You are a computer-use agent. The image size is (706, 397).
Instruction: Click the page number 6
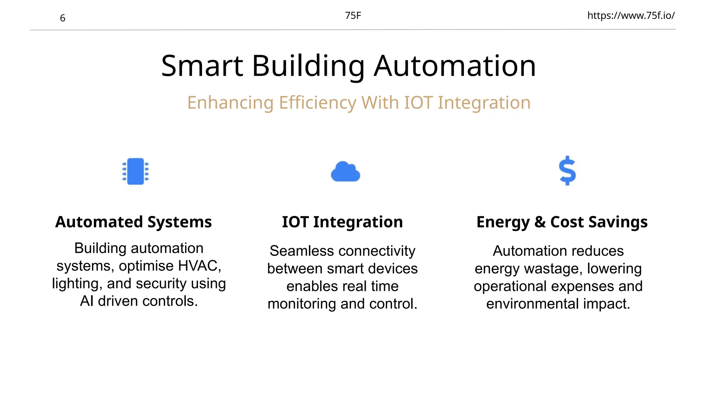[x=62, y=18]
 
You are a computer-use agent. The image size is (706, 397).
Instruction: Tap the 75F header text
[x=353, y=16]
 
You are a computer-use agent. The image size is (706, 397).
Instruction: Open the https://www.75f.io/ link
[x=631, y=16]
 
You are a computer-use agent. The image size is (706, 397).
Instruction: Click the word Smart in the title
[x=202, y=66]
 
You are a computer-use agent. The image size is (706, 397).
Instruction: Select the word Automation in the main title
[x=455, y=66]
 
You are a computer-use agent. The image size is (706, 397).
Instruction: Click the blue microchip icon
[x=135, y=171]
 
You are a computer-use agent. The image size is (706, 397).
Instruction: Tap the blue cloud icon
[x=345, y=172]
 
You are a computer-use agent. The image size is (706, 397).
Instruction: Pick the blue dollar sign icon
[x=567, y=171]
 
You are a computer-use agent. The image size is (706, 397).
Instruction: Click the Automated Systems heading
[x=133, y=222]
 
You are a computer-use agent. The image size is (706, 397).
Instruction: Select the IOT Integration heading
[x=342, y=222]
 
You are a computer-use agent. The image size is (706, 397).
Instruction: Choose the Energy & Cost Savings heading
[x=562, y=222]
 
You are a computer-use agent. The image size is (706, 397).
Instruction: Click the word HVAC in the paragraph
[x=198, y=266]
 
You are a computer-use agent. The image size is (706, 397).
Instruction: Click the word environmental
[x=532, y=304]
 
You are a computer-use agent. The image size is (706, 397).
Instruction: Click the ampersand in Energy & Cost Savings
[x=540, y=222]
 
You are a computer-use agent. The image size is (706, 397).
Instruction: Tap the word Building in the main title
[x=308, y=66]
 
